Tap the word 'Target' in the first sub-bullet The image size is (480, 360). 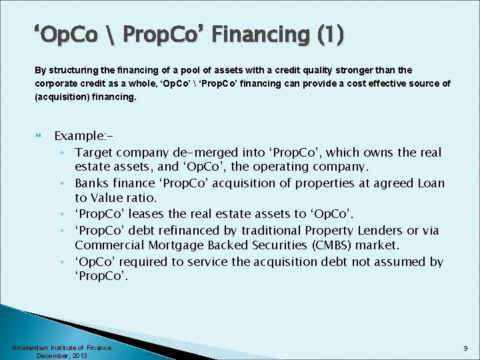click(93, 153)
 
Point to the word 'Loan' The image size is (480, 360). click(430, 183)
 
